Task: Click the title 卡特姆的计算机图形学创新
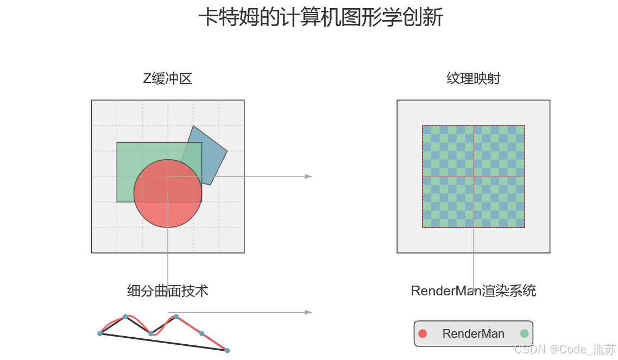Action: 321,17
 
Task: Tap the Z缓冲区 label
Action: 167,79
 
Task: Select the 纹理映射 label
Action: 473,79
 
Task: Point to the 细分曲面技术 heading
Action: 167,291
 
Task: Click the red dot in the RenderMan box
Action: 423,333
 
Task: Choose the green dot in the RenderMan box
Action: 524,333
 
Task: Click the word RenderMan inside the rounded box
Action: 473,334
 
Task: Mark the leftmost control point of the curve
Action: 100,333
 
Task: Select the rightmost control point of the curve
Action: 227,350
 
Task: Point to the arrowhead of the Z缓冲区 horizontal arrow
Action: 308,176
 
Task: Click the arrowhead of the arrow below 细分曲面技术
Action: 308,312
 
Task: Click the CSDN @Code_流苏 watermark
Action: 565,349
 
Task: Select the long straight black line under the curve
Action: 163,342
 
